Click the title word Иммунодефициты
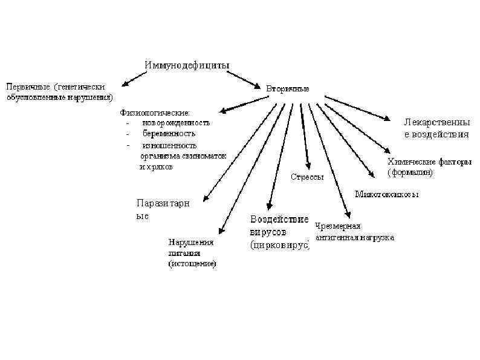(187, 65)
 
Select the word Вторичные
(288, 89)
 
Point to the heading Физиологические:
(155, 112)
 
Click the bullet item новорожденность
(176, 122)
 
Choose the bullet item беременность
(169, 133)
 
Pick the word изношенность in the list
(169, 145)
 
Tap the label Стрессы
(306, 178)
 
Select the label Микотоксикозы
(386, 195)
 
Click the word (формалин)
(410, 172)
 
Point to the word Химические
(408, 162)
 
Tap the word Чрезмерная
(338, 226)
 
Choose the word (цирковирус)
(279, 245)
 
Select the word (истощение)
(192, 264)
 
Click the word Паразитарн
(163, 203)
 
